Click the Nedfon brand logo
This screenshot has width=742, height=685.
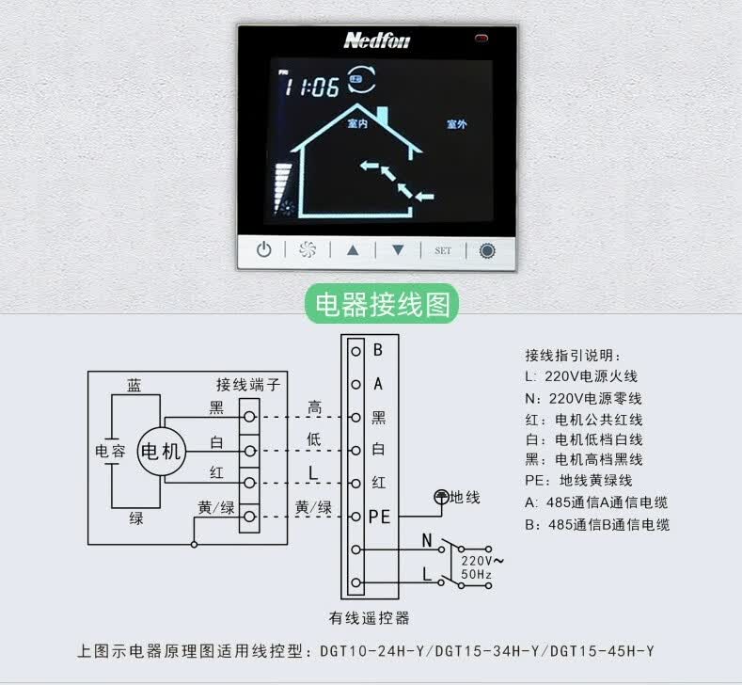point(377,40)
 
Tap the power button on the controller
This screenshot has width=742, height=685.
point(263,249)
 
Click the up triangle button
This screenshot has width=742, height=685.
point(353,250)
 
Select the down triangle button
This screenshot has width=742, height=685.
point(398,250)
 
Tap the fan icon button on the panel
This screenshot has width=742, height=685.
point(308,249)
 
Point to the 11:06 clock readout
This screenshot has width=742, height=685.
point(311,87)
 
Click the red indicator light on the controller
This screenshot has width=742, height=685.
point(482,38)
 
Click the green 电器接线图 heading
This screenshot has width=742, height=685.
point(383,304)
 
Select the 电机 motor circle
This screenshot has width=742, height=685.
point(162,451)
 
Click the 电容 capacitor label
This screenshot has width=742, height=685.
point(110,451)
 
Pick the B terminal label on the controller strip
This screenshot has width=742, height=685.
point(378,350)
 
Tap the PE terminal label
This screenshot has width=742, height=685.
point(380,517)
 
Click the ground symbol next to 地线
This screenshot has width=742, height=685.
point(441,497)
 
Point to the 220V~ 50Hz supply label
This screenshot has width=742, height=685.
point(482,567)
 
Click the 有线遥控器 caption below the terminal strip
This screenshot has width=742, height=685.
point(369,618)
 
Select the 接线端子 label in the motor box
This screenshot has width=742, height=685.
point(248,385)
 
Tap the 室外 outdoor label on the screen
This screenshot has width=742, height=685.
point(457,124)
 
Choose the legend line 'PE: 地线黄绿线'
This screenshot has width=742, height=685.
point(578,481)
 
